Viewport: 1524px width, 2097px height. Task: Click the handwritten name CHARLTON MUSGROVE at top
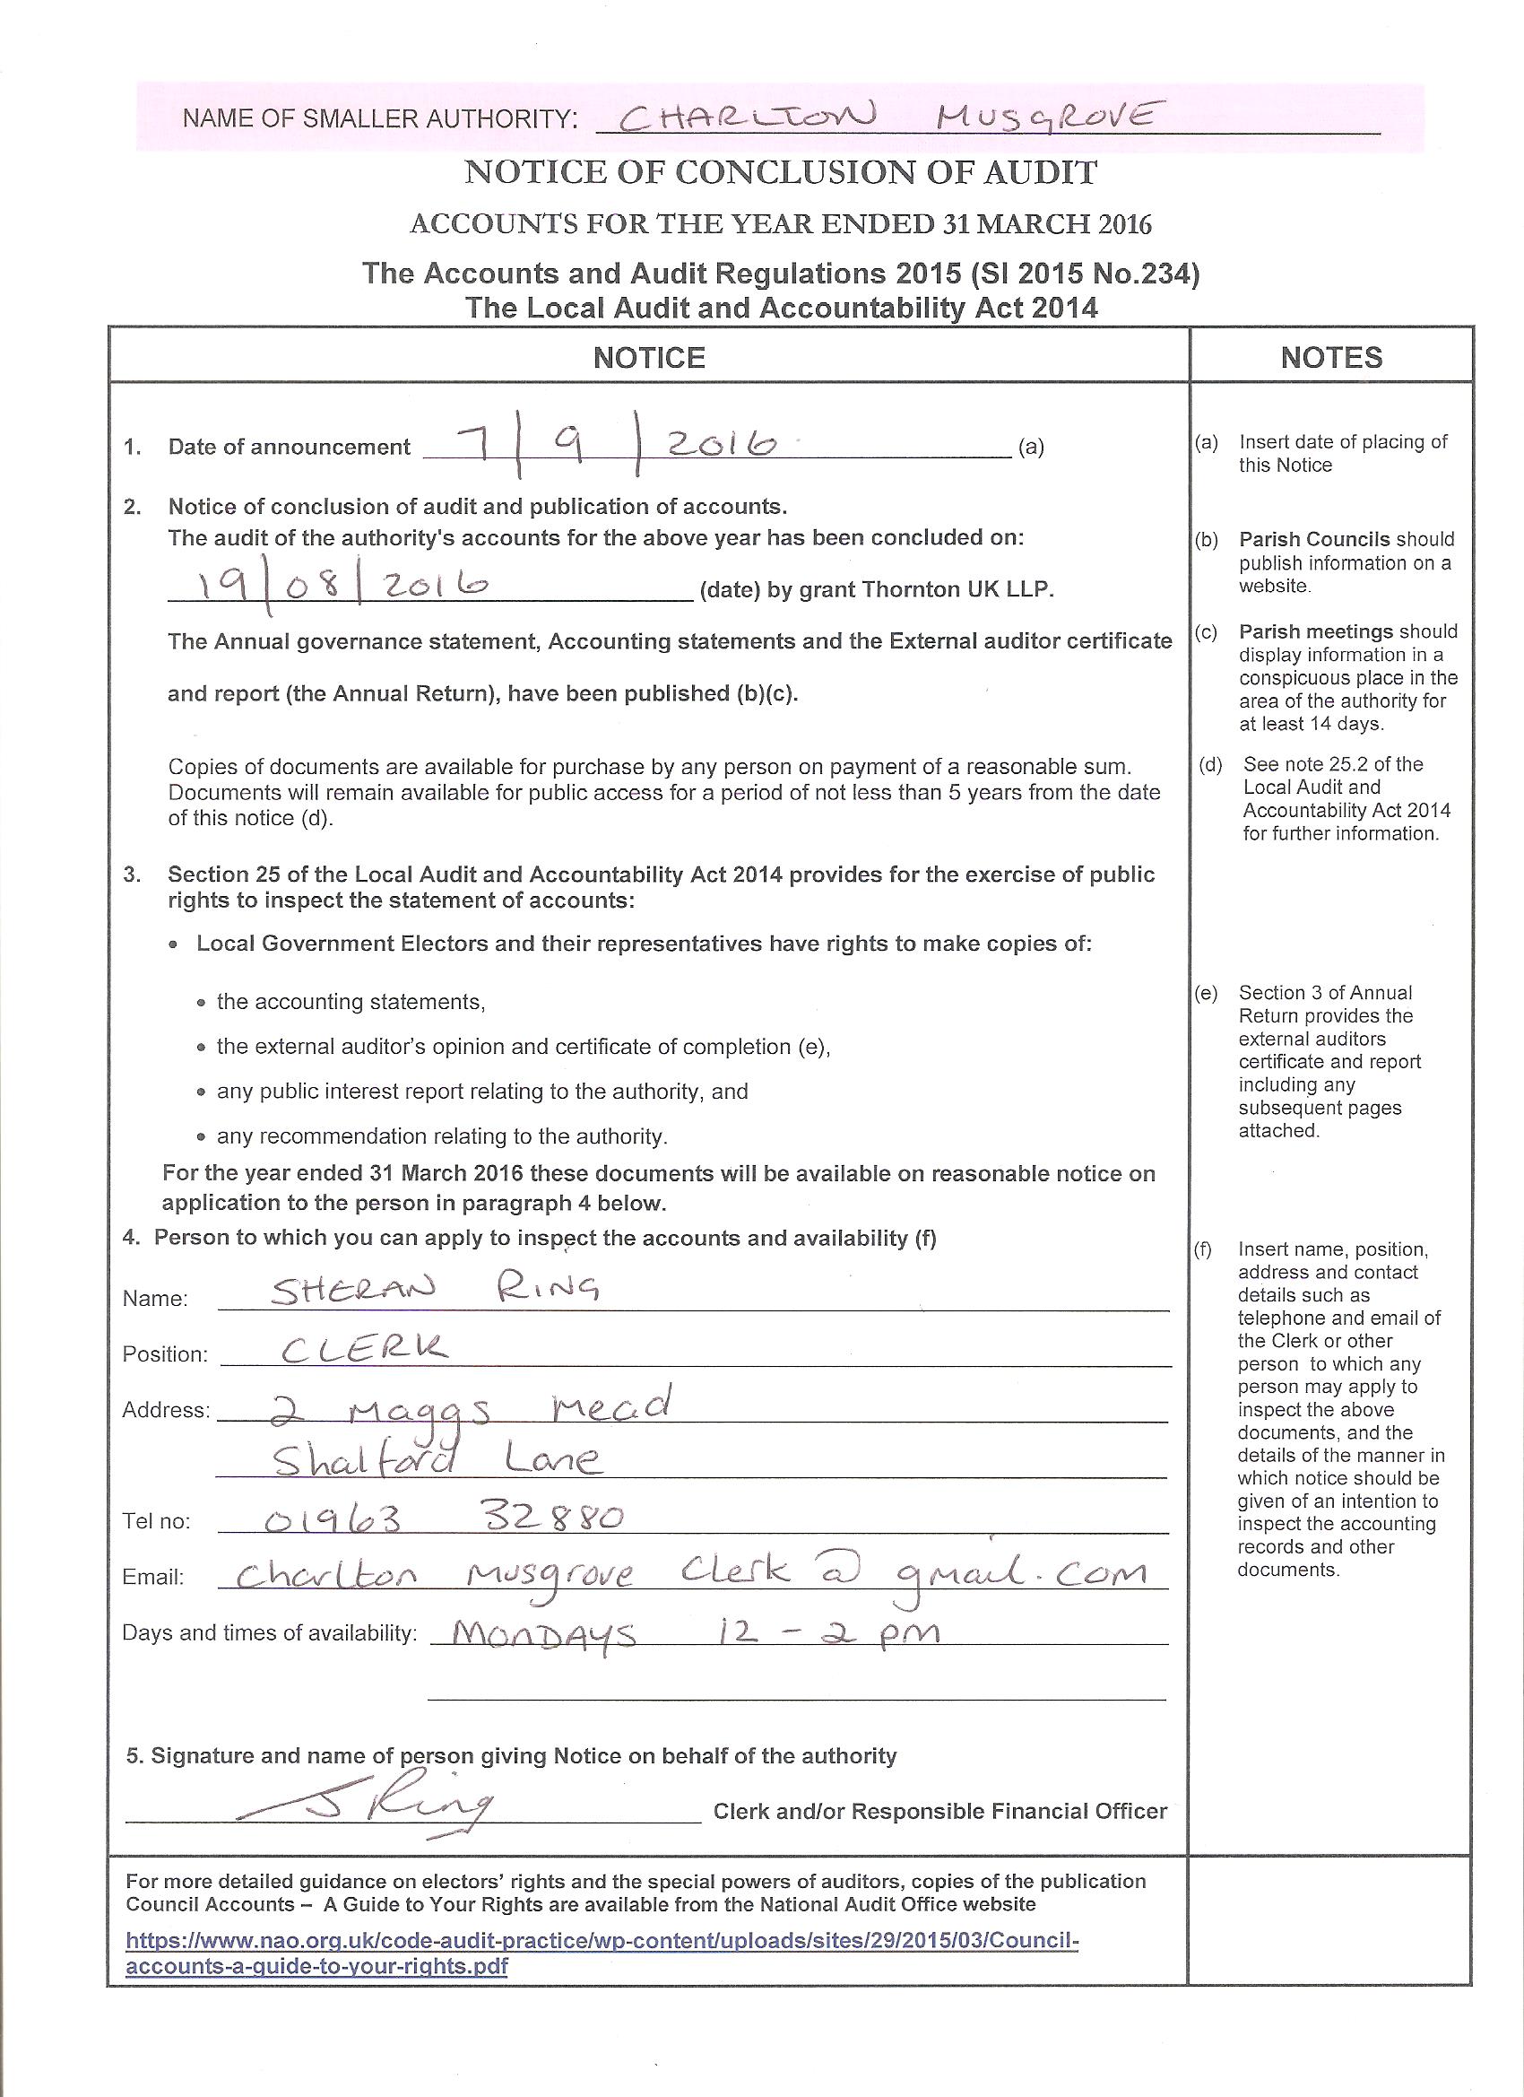[x=886, y=117]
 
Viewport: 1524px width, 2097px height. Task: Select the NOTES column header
[x=1331, y=358]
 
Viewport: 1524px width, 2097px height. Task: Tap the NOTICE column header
[x=649, y=358]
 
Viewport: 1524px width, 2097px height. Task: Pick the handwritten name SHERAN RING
[x=435, y=1288]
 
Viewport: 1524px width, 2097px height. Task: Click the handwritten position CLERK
[x=365, y=1348]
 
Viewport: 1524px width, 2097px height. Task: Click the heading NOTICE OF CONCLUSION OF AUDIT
[x=781, y=173]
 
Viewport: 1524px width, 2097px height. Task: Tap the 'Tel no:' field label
[x=156, y=1522]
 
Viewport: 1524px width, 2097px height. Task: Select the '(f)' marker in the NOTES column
[x=1202, y=1250]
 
